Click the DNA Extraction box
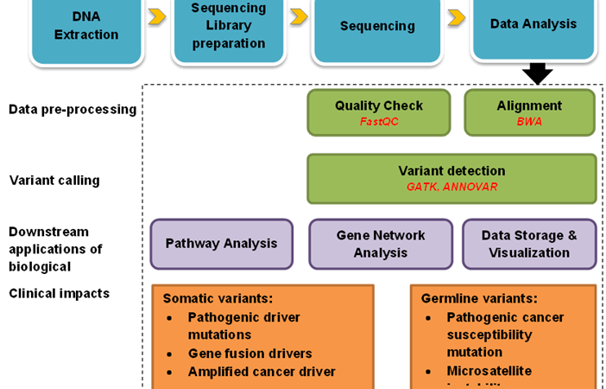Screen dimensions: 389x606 coord(86,26)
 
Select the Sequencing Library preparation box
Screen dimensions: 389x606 coord(229,26)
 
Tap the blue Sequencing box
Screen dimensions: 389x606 coord(377,26)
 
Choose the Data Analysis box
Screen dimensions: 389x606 coord(533,24)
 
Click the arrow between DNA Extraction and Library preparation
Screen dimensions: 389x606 coord(157,16)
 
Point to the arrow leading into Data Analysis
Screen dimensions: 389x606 coord(457,16)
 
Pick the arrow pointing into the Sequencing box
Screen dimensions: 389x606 coord(299,16)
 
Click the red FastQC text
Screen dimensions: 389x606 coord(378,122)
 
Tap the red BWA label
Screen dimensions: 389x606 coord(529,122)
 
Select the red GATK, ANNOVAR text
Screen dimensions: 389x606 coord(451,186)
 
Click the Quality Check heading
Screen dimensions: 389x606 coord(379,105)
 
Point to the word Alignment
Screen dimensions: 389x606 coord(529,105)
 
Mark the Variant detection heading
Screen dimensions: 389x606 coord(451,170)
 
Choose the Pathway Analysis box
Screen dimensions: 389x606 coord(222,244)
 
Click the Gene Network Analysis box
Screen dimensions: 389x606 coord(381,244)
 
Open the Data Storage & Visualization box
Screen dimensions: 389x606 coord(529,244)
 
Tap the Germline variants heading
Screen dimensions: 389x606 coord(479,298)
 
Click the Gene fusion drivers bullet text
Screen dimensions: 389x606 coord(250,354)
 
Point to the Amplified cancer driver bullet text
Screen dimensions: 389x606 coord(262,372)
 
